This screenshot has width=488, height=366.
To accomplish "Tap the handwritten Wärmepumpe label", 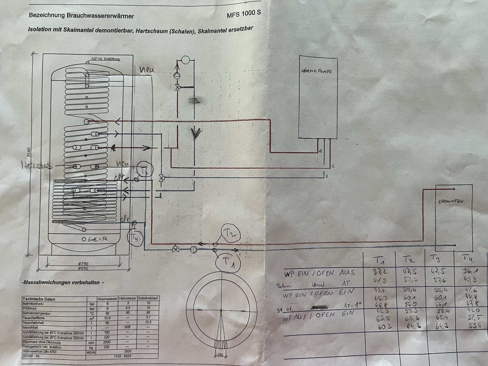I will [x=316, y=71].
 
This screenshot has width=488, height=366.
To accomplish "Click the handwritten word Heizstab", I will [x=36, y=166].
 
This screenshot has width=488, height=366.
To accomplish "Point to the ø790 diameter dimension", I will [x=83, y=264].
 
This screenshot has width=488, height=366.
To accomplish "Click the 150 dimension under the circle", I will [x=220, y=355].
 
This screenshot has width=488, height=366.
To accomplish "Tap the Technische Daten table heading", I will [x=39, y=299].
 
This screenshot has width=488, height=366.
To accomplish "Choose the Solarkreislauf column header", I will [x=148, y=299].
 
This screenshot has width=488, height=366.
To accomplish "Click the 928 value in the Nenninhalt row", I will [x=128, y=327].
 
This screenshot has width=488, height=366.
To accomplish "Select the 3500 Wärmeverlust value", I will [x=128, y=351].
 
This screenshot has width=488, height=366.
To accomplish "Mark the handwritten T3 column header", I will [x=436, y=260].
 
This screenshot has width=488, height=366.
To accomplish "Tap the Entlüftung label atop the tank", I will [x=105, y=59].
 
